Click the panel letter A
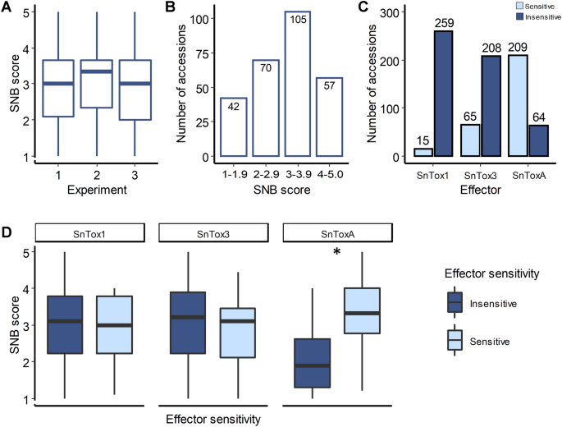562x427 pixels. click(7, 10)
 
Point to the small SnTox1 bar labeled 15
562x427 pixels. click(423, 152)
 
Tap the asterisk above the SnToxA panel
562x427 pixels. click(336, 253)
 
